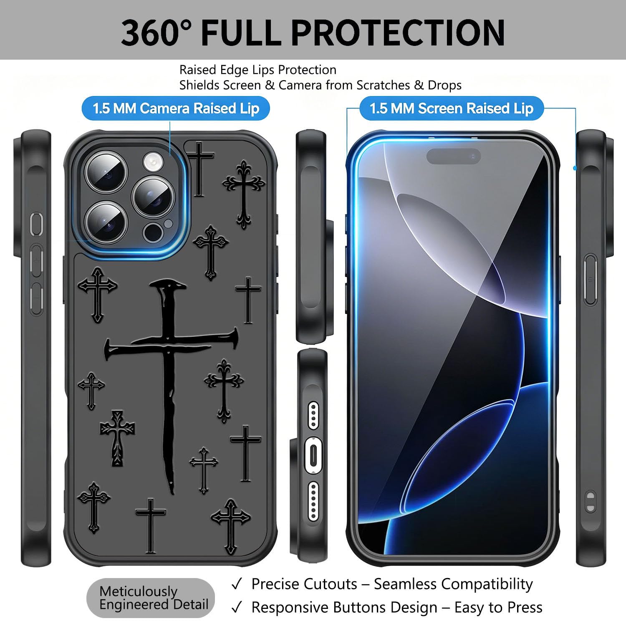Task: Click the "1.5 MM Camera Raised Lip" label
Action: click(176, 109)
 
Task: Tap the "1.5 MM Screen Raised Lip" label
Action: click(452, 109)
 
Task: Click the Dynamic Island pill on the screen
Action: click(454, 156)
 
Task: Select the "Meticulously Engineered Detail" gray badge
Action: click(151, 598)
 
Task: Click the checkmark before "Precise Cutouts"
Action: click(237, 584)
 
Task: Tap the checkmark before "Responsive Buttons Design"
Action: click(237, 608)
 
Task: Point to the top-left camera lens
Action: click(106, 172)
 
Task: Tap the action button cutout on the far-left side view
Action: click(37, 223)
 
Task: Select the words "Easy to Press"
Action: click(498, 608)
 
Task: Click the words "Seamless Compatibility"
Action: click(453, 584)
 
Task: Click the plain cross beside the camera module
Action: click(200, 169)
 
